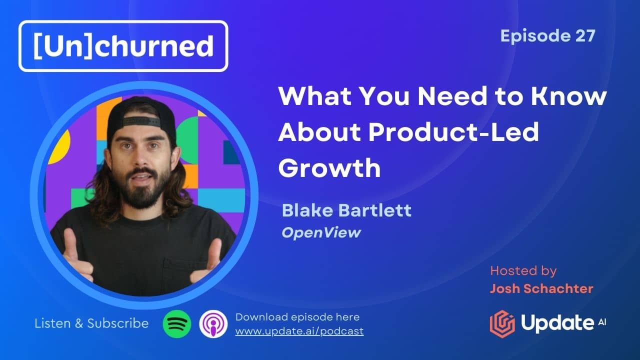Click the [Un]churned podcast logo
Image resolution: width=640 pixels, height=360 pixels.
point(123,46)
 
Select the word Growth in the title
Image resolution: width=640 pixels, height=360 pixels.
point(329,168)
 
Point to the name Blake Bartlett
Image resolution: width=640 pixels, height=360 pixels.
point(346,210)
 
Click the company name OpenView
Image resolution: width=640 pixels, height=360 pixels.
point(321,233)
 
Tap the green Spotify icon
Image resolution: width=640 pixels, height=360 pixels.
point(177,324)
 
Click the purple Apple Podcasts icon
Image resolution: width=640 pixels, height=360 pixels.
point(213,324)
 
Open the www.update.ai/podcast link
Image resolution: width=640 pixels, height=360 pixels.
point(299,331)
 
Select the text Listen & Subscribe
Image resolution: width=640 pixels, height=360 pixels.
point(91,323)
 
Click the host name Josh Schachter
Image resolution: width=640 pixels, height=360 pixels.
point(541,289)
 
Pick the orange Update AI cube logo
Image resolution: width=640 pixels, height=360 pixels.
point(502,324)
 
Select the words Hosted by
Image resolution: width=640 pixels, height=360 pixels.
point(523,271)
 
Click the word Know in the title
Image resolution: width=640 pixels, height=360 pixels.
point(568,96)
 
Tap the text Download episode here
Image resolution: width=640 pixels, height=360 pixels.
point(297,317)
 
